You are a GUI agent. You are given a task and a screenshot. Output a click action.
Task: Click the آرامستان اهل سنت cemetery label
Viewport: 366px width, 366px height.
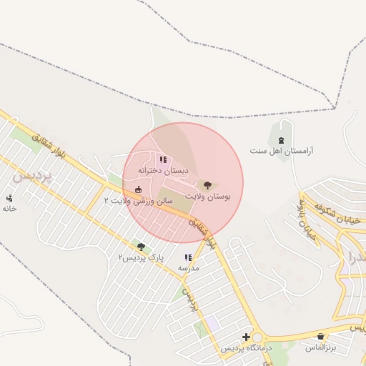pos(282,151)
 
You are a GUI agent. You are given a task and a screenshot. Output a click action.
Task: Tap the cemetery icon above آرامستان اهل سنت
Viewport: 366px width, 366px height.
pos(282,138)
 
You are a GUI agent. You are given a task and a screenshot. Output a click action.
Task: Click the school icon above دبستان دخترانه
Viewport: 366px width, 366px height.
pos(162,159)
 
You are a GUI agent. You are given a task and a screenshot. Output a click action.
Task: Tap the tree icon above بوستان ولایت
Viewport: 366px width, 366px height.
pos(207,184)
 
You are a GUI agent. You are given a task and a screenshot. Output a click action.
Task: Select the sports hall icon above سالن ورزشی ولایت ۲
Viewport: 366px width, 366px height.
pos(138,189)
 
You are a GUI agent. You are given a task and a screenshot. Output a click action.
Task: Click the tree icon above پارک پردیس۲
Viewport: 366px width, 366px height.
pos(141,246)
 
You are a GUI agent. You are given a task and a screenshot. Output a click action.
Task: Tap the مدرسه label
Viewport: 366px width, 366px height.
pos(188,268)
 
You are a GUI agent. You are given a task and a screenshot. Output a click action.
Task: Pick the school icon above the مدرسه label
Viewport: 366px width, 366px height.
pos(188,257)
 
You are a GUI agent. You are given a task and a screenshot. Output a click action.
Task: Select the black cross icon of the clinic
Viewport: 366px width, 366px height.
pos(246,337)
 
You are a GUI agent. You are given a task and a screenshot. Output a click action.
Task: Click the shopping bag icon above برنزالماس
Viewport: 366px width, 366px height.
pos(321,336)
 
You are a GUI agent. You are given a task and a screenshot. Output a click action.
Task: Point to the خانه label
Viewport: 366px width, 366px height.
pos(9,208)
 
